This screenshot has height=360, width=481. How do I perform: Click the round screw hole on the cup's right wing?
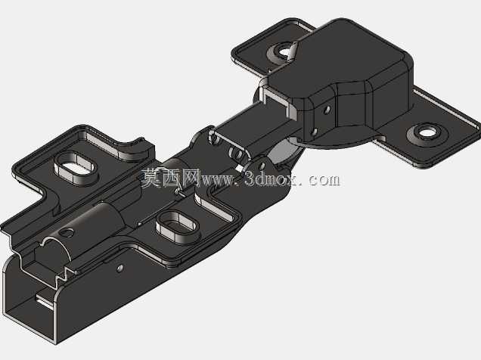coord(426,132)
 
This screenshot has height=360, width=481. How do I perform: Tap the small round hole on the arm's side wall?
coord(120,268)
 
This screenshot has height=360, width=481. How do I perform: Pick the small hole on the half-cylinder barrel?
coord(67,232)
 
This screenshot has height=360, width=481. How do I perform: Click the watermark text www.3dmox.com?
coord(270,179)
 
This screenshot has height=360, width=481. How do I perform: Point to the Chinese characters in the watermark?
coord(171,178)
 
